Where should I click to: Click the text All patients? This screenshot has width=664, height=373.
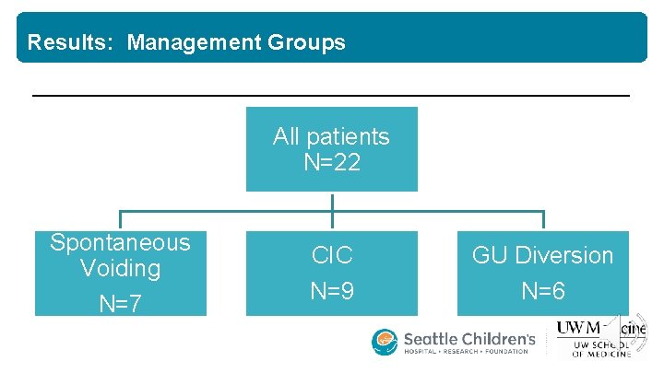click(331, 137)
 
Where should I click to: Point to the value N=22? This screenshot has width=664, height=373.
click(331, 163)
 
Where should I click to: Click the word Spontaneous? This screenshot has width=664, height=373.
click(120, 242)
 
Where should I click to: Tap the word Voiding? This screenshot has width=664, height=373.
click(120, 269)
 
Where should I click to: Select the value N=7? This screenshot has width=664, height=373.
click(120, 303)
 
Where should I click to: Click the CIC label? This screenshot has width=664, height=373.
click(332, 255)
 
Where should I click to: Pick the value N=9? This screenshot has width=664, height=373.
click(332, 292)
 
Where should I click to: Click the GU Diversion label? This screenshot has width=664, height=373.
click(542, 255)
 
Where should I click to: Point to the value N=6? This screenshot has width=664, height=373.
click(542, 292)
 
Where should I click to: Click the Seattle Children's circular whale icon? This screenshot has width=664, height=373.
click(385, 342)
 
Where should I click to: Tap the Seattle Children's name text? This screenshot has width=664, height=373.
click(469, 338)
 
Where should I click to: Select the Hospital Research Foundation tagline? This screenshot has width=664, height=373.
click(466, 352)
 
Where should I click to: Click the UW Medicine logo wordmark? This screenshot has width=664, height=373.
click(599, 327)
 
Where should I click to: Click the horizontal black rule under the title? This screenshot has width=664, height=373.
click(331, 95)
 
